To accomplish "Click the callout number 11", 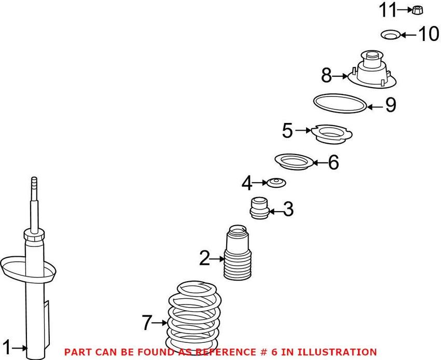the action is (x=388, y=10).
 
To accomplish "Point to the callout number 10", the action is (x=429, y=34).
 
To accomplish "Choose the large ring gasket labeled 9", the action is (x=340, y=104).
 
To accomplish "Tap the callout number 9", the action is (x=391, y=105).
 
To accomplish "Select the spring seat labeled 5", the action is (x=332, y=134).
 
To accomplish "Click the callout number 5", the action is (x=287, y=131).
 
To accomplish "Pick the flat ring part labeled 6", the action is (x=294, y=162).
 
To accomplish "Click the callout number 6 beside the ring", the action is (x=334, y=162).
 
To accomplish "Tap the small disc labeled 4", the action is (x=276, y=183).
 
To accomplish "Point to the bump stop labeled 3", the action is (x=259, y=208).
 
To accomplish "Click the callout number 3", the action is (x=288, y=209).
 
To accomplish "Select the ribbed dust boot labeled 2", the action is (x=238, y=253).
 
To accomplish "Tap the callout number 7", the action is (x=147, y=323).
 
